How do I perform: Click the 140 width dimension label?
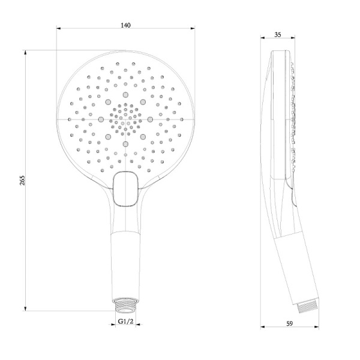pos(125,25)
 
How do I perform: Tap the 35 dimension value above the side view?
pos(277,35)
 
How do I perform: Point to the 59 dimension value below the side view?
pos(290,324)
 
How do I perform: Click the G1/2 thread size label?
pos(125,322)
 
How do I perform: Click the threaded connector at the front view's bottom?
pos(125,305)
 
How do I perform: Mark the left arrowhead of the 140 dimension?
pos(59,29)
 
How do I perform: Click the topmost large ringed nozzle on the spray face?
pos(125,95)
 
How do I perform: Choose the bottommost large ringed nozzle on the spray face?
pos(125,143)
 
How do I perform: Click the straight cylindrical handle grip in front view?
pos(125,264)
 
